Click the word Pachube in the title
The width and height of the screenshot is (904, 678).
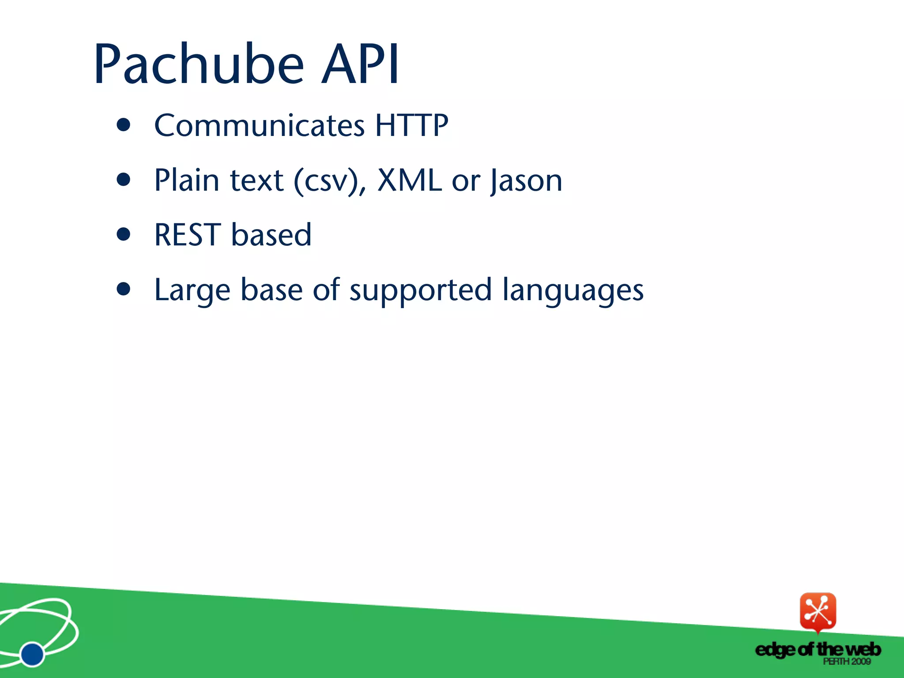[x=199, y=64]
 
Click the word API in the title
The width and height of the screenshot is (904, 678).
[x=360, y=64]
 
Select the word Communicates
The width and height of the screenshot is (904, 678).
[x=259, y=125]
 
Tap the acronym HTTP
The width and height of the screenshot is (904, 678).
[x=411, y=125]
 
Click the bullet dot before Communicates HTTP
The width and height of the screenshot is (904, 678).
[x=124, y=125]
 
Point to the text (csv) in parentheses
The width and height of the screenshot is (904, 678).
[x=326, y=181]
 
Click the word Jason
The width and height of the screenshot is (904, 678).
[x=526, y=181]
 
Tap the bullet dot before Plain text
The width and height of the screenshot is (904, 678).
[x=124, y=180]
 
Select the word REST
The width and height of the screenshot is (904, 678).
[x=187, y=235]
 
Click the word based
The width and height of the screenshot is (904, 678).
[x=271, y=235]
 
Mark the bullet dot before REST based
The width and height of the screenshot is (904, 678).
[x=124, y=234]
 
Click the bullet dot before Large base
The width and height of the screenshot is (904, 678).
[x=124, y=289]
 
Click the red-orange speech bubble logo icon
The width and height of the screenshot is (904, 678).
[x=818, y=611]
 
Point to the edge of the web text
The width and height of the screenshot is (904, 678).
[x=818, y=650]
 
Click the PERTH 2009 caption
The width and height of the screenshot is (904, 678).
[x=846, y=662]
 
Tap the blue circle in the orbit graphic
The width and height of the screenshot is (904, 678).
[x=32, y=654]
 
